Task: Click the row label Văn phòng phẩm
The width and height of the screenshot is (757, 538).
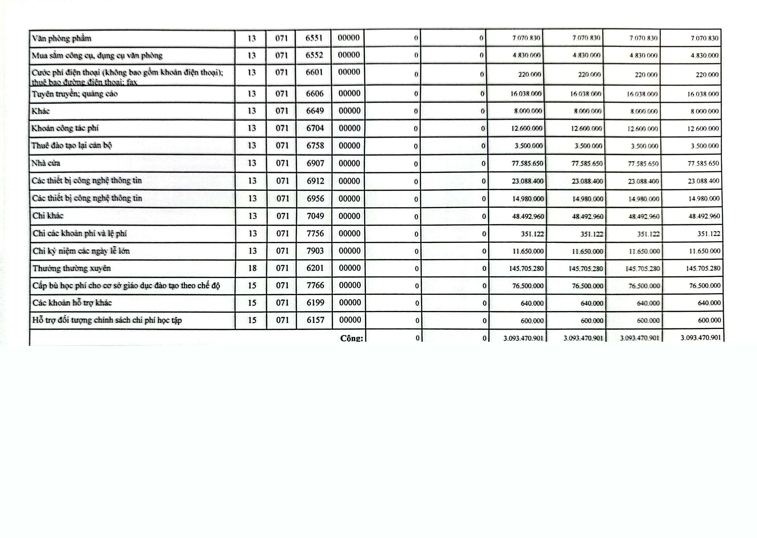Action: point(61,38)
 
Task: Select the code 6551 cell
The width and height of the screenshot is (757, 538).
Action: point(314,38)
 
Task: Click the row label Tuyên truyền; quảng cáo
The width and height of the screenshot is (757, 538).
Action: point(75,94)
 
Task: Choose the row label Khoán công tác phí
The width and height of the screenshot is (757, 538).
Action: point(65,128)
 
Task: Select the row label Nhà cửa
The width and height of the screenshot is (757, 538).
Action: point(46,163)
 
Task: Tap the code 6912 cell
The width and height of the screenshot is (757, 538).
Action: point(315,181)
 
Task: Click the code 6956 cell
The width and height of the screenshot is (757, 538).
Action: point(315,199)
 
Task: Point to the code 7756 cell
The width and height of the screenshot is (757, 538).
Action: point(315,233)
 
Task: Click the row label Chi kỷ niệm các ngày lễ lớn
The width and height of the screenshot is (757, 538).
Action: point(81,251)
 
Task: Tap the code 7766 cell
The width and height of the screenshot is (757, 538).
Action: point(315,285)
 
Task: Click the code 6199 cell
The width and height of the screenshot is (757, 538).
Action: point(315,303)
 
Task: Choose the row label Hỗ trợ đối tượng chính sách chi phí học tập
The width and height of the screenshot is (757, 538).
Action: point(107,320)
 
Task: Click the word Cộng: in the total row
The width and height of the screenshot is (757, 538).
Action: point(351,338)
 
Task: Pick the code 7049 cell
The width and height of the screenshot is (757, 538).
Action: point(315,216)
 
